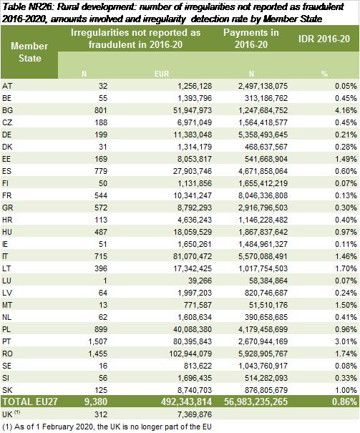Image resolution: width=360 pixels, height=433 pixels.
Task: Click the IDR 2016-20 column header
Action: tap(323, 39)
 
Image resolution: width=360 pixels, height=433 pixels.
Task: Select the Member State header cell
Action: tap(29, 52)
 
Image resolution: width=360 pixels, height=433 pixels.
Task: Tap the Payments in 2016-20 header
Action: tap(251, 39)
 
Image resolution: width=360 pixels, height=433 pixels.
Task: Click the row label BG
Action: tap(7, 110)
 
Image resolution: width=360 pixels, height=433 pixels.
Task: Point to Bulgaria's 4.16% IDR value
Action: tap(346, 110)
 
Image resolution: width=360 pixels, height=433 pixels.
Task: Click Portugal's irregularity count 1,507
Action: tap(98, 341)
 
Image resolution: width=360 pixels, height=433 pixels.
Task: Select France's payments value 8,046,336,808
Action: tap(263, 195)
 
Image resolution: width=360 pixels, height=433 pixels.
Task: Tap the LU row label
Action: tap(7, 281)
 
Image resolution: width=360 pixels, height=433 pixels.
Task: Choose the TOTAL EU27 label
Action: tap(30, 402)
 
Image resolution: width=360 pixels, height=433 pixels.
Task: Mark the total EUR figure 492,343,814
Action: tap(186, 402)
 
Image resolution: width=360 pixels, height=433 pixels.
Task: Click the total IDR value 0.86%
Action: tap(344, 402)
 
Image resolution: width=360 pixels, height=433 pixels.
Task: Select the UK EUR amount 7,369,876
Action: tap(195, 414)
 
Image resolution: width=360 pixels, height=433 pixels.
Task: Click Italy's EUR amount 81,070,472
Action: tap(193, 256)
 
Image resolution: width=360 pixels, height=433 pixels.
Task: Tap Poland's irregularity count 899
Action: tap(101, 329)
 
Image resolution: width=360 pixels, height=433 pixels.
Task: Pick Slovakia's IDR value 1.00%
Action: tap(346, 390)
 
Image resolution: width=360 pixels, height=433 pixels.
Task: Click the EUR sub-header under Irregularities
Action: tap(162, 74)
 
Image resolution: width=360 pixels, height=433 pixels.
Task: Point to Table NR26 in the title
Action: tap(27, 6)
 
